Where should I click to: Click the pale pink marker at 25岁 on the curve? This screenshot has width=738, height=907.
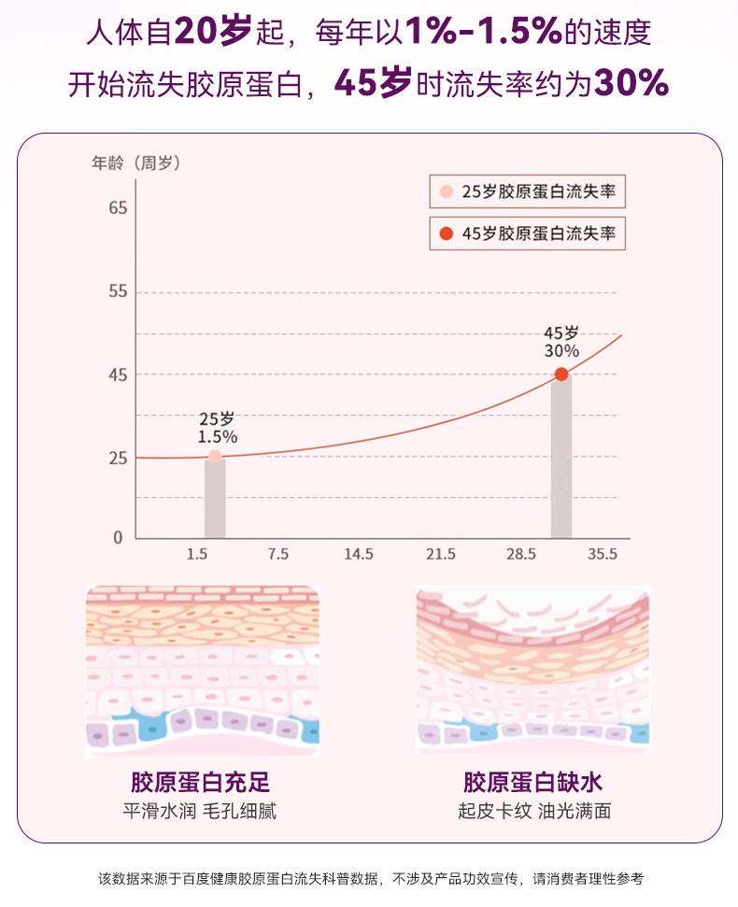coord(215,457)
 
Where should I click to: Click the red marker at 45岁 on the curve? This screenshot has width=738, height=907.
coord(561,375)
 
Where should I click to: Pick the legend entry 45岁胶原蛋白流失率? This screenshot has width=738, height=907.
coord(528,234)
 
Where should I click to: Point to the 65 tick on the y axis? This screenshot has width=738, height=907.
coord(117,207)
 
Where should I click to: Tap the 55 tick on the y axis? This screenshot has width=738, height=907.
coord(117,292)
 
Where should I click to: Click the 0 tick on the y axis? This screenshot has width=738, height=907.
coord(118,538)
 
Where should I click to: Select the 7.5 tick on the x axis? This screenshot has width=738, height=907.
coord(277,554)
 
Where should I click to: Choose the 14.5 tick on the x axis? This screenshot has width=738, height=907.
coord(358,554)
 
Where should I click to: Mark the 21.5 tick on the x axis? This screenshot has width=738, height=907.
coord(440,554)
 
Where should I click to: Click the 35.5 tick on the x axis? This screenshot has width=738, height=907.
coord(602,554)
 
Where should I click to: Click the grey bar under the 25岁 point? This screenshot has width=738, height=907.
coord(215,500)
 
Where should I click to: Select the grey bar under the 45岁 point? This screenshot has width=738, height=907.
coord(561,458)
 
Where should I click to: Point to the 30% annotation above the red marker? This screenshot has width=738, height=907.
coord(561,351)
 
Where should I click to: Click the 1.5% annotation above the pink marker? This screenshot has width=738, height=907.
coord(217,436)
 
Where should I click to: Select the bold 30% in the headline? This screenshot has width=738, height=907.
coord(631,84)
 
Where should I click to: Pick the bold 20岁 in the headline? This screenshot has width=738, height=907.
coord(213,34)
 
